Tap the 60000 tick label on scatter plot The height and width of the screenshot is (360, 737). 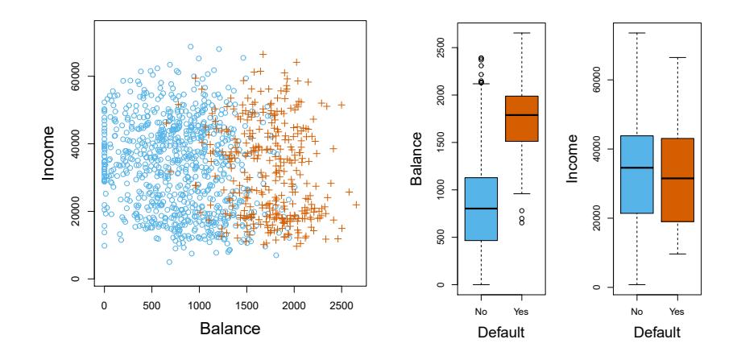click(74, 81)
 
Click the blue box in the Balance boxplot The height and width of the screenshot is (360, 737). click(481, 209)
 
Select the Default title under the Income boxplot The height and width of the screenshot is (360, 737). click(656, 330)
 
